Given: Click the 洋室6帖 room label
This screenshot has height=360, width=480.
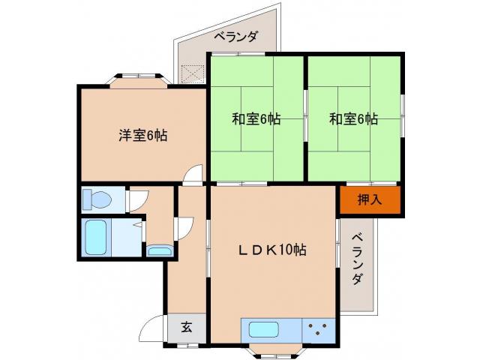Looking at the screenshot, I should (x=142, y=136).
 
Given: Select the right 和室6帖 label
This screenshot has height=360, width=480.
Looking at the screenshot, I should (x=353, y=118).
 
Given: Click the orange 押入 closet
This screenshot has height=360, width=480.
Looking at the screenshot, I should (x=369, y=199).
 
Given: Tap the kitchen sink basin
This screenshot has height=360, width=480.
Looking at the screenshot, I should (x=263, y=329).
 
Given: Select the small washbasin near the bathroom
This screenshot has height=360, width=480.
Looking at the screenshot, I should (x=159, y=250).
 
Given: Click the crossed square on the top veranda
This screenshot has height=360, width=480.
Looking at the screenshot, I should (x=192, y=73).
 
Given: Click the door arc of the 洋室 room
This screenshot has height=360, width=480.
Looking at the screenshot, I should (x=194, y=175).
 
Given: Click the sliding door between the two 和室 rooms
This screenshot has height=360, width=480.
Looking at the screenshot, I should (x=305, y=118).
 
